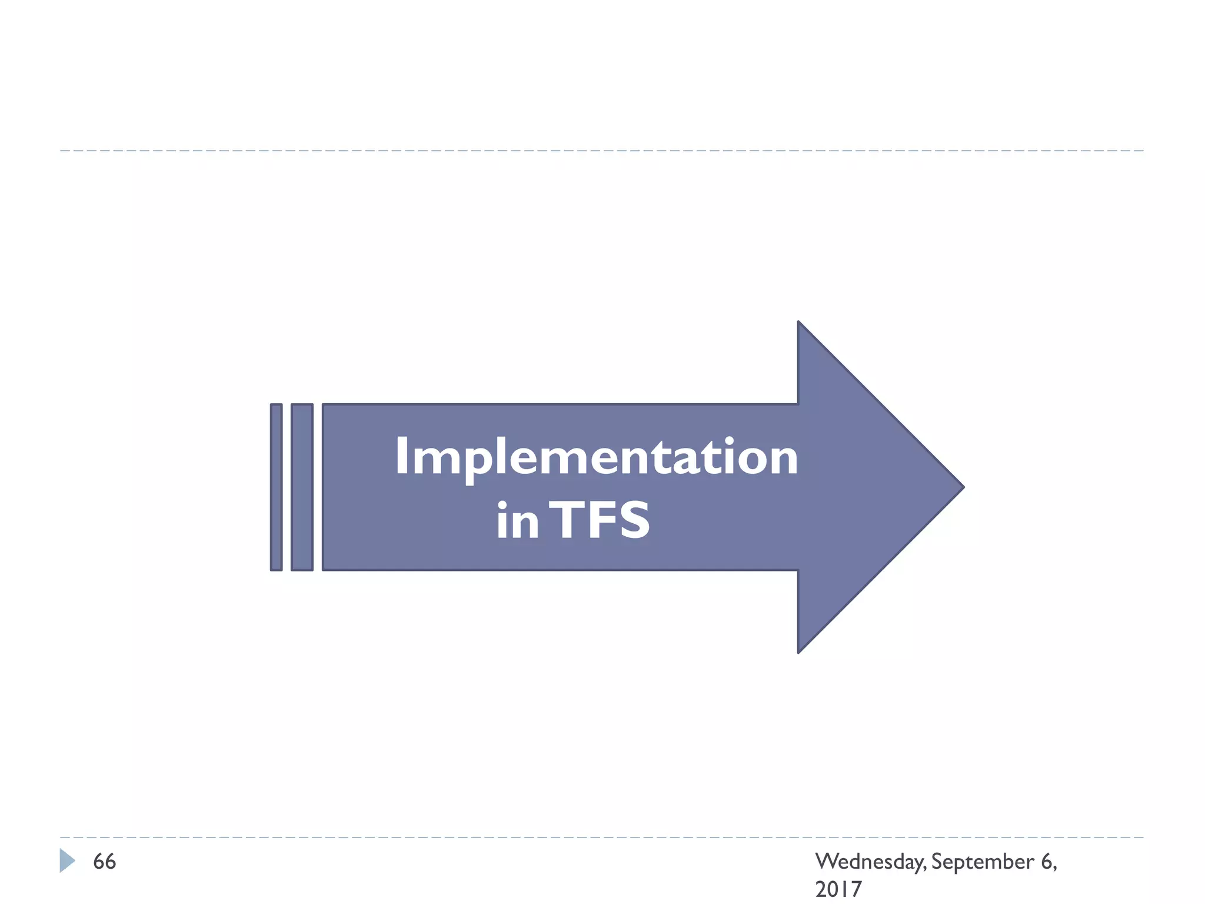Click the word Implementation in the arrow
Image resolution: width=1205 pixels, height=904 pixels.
click(596, 457)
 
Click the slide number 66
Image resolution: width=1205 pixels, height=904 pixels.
click(105, 862)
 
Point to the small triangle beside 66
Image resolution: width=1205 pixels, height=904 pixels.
click(66, 860)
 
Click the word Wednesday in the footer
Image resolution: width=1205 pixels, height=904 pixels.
click(870, 862)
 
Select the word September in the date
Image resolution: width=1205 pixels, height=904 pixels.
click(982, 862)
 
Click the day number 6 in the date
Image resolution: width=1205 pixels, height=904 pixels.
click(1046, 862)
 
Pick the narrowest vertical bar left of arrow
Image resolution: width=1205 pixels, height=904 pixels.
click(276, 487)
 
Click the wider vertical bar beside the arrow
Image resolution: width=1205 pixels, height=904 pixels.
click(302, 487)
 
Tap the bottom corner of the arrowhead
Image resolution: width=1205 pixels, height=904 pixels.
click(799, 651)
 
